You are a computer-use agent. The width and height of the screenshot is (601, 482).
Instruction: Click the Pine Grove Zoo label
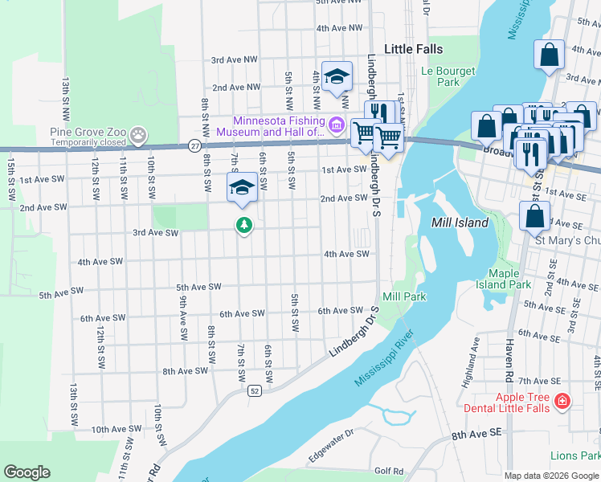(x=88, y=132)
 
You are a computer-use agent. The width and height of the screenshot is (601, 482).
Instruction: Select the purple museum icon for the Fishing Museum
(x=336, y=125)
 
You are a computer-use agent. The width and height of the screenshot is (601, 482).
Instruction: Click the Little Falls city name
(x=413, y=49)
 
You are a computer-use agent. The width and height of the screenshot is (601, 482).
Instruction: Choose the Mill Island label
(x=460, y=223)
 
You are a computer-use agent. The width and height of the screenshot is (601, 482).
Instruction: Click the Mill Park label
(x=403, y=296)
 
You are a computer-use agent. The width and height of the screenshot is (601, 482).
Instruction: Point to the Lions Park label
(x=574, y=455)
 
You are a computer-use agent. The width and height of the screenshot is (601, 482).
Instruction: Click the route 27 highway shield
(x=195, y=145)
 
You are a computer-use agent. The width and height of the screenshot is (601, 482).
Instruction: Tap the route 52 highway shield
(x=254, y=390)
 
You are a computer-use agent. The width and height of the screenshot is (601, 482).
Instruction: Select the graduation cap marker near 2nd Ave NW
(x=337, y=76)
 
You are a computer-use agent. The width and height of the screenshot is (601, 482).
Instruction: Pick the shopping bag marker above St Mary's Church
(x=535, y=215)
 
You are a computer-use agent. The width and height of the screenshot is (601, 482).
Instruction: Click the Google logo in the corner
(x=27, y=472)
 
